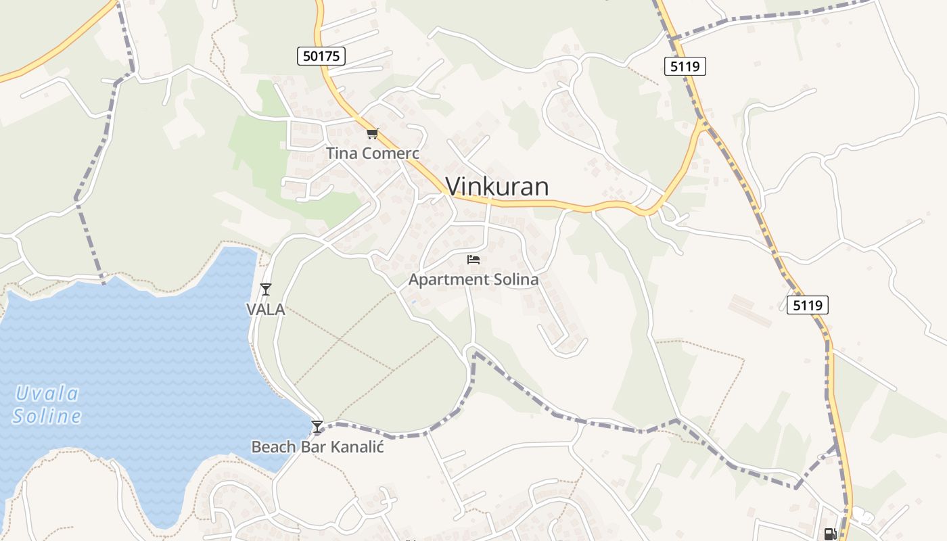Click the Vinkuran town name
(497, 187)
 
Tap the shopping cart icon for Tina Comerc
(373, 133)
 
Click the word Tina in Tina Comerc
(342, 154)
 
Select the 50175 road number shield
(321, 56)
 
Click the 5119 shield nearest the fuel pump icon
(808, 305)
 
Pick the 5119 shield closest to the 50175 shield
(685, 66)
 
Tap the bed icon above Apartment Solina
(473, 259)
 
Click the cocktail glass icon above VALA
(266, 289)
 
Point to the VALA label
(265, 310)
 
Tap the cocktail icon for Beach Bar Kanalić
(317, 426)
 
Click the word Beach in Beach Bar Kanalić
(273, 447)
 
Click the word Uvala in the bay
(47, 394)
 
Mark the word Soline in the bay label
(47, 416)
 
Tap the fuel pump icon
(830, 534)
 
